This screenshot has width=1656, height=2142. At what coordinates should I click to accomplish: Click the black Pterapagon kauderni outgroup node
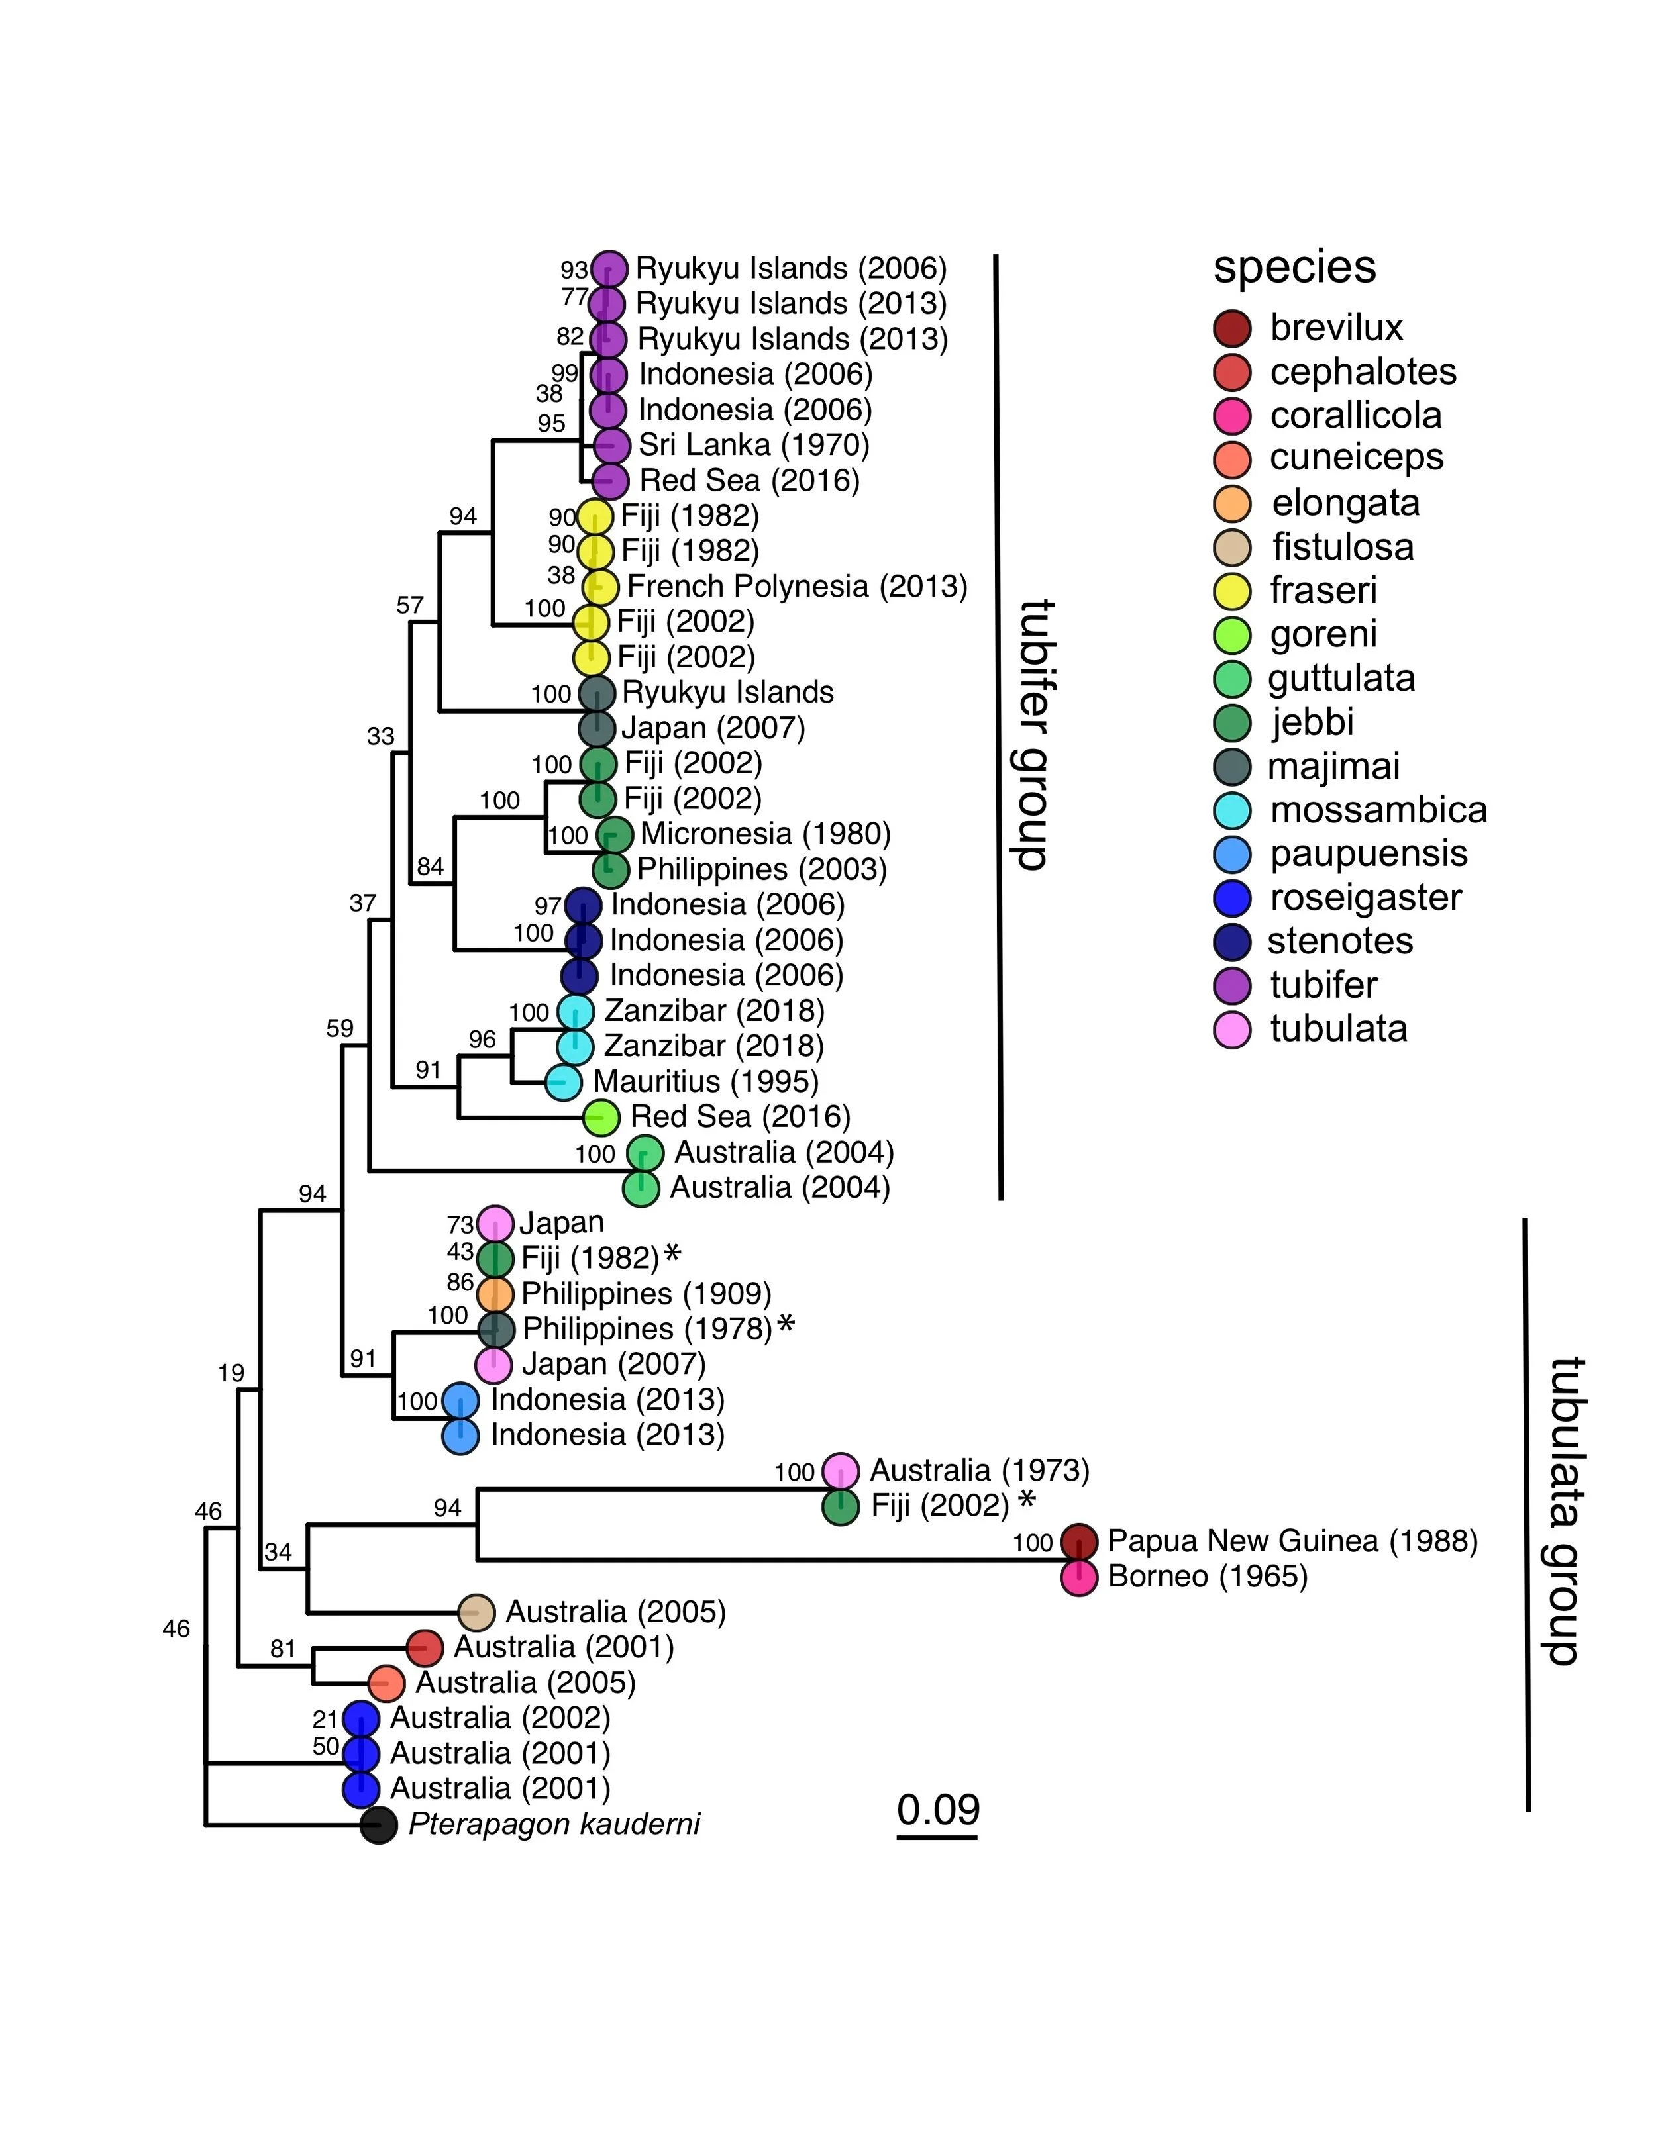click(379, 1826)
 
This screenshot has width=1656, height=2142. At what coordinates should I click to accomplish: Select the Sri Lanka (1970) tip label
click(753, 445)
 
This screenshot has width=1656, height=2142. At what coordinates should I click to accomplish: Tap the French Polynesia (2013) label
click(797, 587)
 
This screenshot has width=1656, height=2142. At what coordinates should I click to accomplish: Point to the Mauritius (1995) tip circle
click(563, 1082)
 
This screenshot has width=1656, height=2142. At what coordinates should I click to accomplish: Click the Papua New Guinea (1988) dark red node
click(1079, 1541)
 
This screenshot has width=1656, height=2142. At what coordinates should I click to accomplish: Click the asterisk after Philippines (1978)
click(786, 1327)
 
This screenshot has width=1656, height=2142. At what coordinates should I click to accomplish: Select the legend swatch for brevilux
click(1232, 328)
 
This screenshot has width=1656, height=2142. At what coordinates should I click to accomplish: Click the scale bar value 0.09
click(938, 1808)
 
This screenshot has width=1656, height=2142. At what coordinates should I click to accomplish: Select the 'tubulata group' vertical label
click(1560, 1510)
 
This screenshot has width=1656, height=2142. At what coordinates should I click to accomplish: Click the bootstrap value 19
click(232, 1373)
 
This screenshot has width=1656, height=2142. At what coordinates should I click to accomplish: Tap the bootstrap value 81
click(283, 1649)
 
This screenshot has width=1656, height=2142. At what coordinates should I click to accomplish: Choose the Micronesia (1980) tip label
click(765, 834)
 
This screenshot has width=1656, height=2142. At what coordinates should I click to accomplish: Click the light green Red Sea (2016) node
click(601, 1116)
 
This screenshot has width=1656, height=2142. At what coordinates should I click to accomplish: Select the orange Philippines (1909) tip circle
click(495, 1294)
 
